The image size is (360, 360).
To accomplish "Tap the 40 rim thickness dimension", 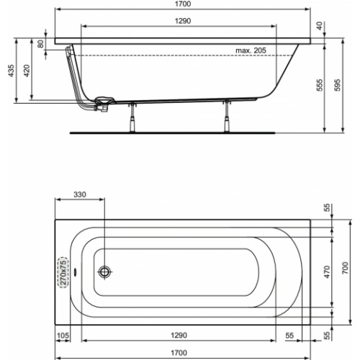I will [x=320, y=27].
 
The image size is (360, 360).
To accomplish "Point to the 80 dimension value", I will [x=40, y=43].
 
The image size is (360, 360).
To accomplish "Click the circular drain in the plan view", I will [x=106, y=272].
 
